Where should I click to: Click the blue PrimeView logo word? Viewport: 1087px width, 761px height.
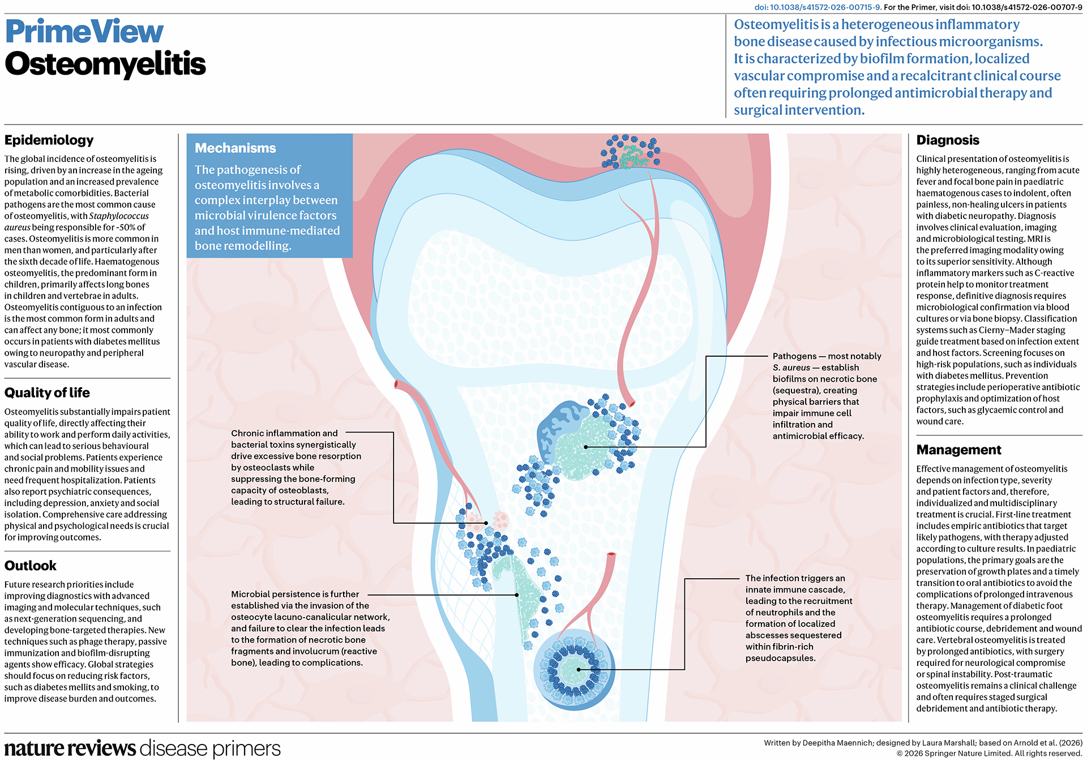pos(84,32)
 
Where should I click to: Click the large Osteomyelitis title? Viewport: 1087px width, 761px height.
pos(105,64)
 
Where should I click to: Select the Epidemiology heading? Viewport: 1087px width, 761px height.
pos(49,140)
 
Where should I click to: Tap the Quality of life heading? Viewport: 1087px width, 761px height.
pos(47,393)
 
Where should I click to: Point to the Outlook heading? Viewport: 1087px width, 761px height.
pos(31,566)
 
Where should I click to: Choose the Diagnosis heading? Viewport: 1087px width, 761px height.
pos(948,140)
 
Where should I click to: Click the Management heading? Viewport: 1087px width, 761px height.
pos(959,450)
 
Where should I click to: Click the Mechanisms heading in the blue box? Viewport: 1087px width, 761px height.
pos(236,148)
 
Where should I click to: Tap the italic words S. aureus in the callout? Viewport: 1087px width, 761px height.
pos(791,368)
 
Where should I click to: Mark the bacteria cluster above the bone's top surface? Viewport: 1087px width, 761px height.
pos(630,152)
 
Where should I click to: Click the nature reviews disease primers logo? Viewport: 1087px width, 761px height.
pos(143,748)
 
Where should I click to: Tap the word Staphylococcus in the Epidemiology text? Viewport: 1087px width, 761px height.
pos(119,216)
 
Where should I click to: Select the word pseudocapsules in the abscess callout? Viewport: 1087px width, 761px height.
pos(780,659)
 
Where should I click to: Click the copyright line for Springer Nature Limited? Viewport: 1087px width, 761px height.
pos(989,754)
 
